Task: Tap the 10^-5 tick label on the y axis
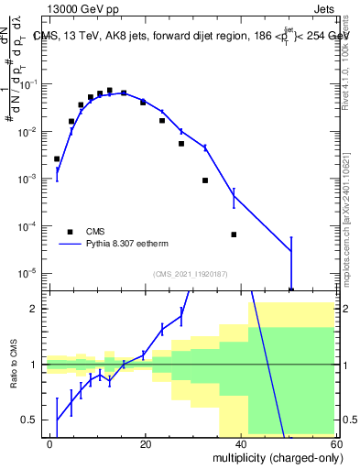click(x=29, y=273)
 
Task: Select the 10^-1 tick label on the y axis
click(x=29, y=84)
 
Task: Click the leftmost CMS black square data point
click(x=57, y=158)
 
